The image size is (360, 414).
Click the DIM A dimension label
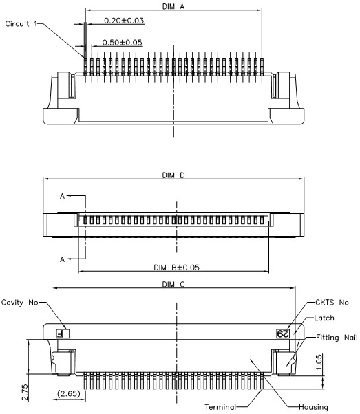[x=173, y=6]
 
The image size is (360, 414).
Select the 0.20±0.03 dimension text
[x=124, y=21]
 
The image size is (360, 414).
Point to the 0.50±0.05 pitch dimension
[x=122, y=43]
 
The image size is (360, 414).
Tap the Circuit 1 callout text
[x=21, y=24]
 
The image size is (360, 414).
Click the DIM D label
[x=173, y=175]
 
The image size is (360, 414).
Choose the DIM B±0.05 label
[x=177, y=268]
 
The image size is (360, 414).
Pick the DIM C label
[x=173, y=284]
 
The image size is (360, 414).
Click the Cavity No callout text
[x=20, y=303]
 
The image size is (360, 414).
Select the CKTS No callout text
[x=332, y=303]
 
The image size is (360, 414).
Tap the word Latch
[x=324, y=318]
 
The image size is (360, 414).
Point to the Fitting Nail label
[x=337, y=338]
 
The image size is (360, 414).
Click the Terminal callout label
[x=220, y=407]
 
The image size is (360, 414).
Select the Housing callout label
[x=313, y=407]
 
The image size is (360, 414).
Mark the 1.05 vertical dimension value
[x=319, y=362]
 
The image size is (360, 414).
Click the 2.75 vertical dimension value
[x=25, y=393]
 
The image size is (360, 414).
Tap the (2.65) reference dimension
[x=68, y=393]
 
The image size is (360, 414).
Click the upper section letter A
[x=62, y=196]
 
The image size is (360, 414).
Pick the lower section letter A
[x=62, y=259]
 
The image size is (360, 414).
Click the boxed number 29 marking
[x=283, y=334]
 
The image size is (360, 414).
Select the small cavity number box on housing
[x=63, y=334]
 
